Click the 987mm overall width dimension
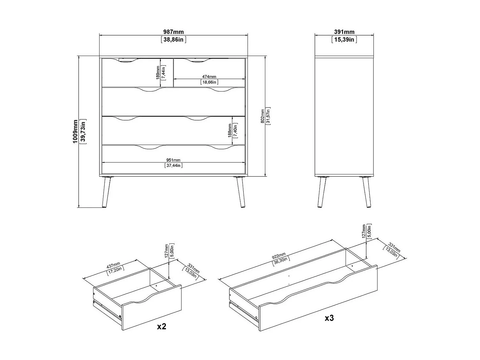tap(173, 32)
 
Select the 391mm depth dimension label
tap(344, 32)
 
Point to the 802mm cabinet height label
tap(262, 116)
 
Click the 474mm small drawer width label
tap(209, 77)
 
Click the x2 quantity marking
tap(162, 327)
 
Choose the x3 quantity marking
tap(329, 318)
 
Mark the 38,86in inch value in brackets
tap(173, 40)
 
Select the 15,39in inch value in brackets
tap(344, 40)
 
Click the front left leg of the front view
tap(107, 192)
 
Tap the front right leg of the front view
tap(240, 192)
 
